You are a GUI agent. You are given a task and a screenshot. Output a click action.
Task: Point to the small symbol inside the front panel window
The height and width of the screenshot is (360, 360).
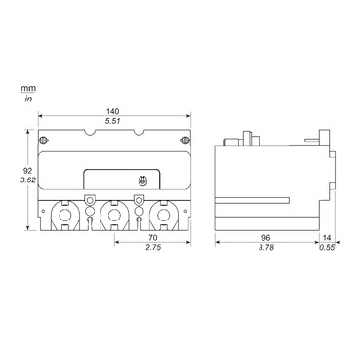point(142,180)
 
